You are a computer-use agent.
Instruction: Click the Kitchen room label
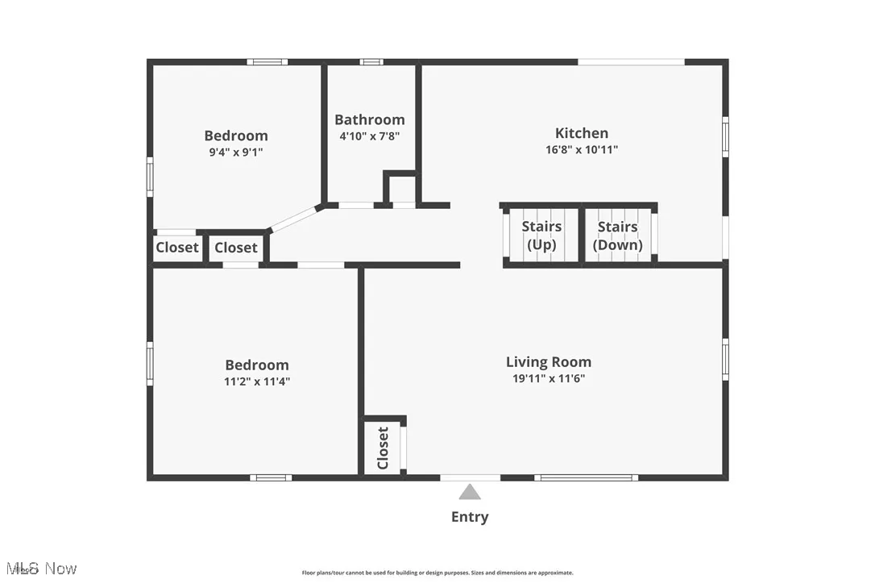coord(581,133)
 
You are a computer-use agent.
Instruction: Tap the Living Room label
coord(548,362)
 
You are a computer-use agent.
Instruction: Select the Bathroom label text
coord(370,119)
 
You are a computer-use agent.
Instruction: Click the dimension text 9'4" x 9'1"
coord(235,152)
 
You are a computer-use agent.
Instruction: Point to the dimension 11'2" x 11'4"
coord(256,382)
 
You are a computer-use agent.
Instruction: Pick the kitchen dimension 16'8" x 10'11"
coord(581,149)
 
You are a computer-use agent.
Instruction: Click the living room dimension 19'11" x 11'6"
coord(548,378)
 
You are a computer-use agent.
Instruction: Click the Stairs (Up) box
coord(541,236)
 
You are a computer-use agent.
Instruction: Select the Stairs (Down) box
coord(618,236)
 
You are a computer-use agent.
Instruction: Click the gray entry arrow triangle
coord(470,493)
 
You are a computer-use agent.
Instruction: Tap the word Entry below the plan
coord(470,517)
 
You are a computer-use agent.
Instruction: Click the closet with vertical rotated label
coord(383,448)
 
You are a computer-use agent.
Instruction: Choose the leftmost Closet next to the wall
coord(176,248)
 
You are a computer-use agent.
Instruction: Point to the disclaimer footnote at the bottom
coord(437,573)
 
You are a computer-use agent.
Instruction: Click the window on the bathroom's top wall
coord(371,61)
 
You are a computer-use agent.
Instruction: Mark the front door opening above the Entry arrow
coord(470,478)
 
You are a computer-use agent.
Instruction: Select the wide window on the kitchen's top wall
coord(631,61)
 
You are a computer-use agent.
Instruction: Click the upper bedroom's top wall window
coord(267,61)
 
